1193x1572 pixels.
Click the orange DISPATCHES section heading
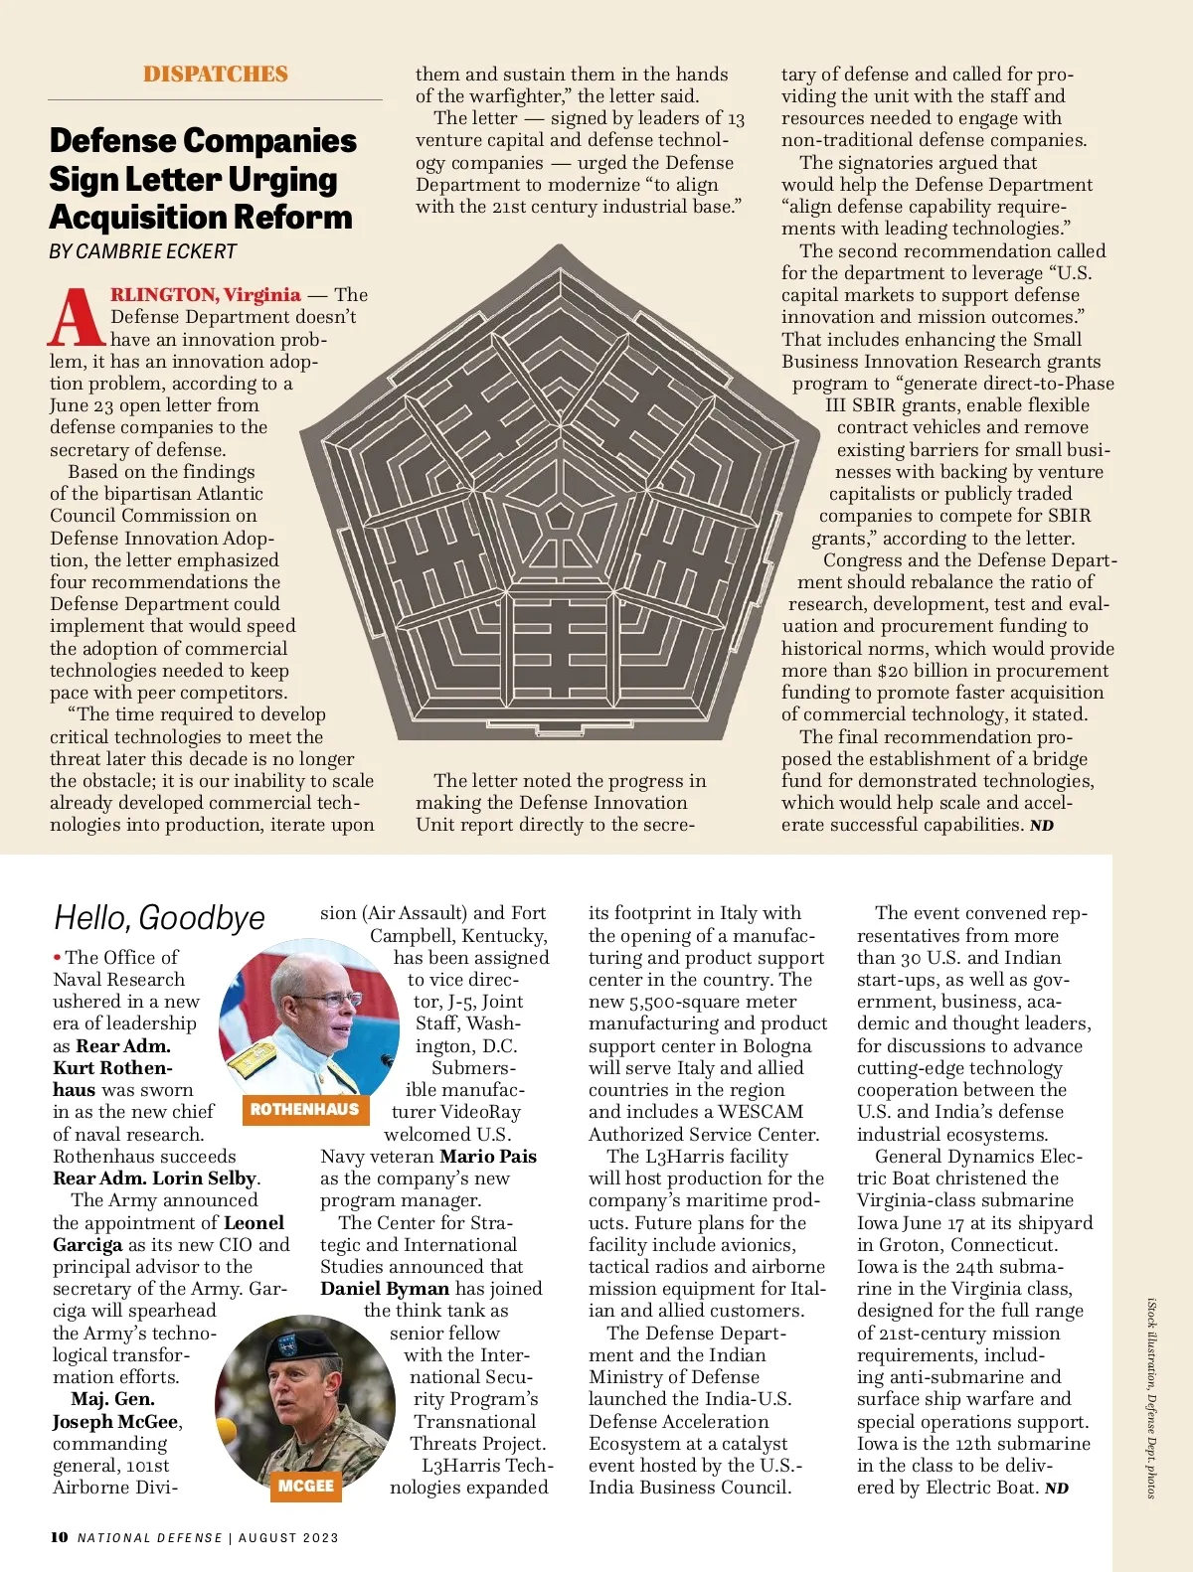(215, 75)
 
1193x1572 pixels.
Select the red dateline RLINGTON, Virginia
(205, 295)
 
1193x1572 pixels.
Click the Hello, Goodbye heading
(159, 917)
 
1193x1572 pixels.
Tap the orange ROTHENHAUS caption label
(304, 1109)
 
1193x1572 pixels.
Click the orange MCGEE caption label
(306, 1486)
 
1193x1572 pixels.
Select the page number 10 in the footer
(60, 1537)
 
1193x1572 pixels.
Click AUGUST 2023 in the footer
(288, 1538)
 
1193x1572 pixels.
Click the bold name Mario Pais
(488, 1157)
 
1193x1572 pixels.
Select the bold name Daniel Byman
(385, 1289)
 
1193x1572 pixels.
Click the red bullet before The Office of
(58, 957)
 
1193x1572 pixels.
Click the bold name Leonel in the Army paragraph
(254, 1223)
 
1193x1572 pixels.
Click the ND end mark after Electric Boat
(1057, 1489)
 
